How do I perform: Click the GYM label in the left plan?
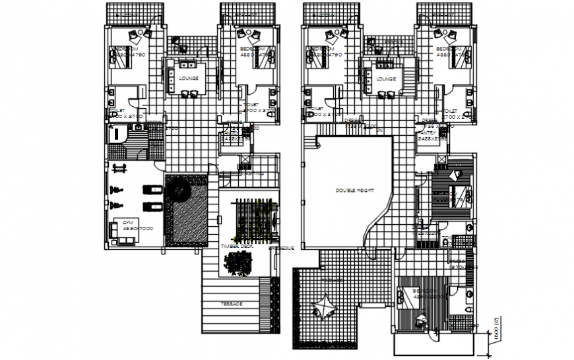point(127,223)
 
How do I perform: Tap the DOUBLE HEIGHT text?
point(354,191)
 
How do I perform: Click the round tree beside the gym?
point(179,193)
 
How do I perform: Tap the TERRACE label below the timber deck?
point(232,303)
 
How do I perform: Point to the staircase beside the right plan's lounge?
point(411,78)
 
